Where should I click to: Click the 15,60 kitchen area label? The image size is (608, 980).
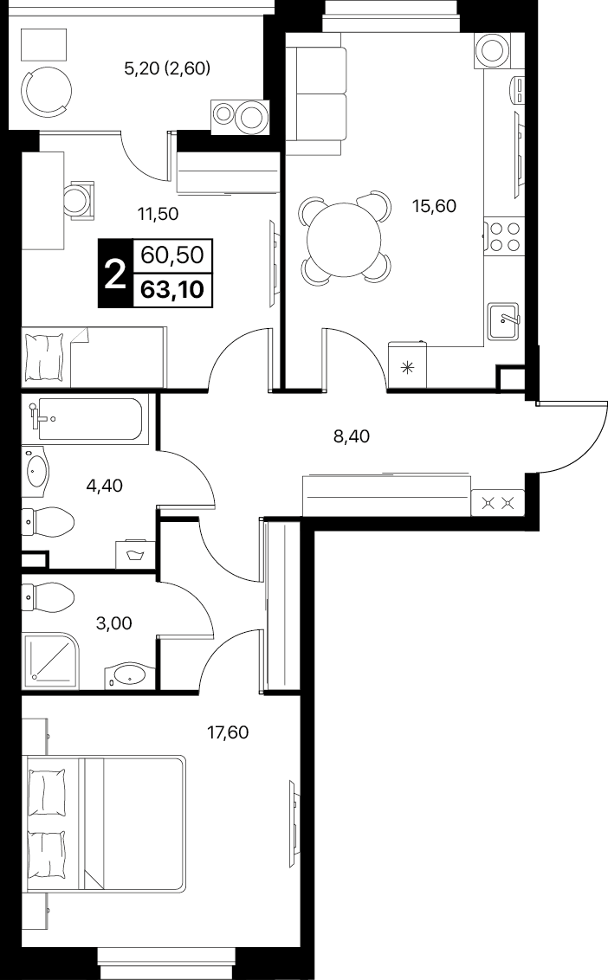coord(433,205)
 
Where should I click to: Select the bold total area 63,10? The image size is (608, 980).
coord(172,290)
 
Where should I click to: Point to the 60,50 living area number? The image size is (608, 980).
coord(172,255)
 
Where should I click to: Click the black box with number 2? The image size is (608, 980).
coord(115,274)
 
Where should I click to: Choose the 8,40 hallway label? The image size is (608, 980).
coord(352,436)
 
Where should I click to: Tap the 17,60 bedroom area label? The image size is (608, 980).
coord(228,732)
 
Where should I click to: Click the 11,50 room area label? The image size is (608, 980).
coord(158,215)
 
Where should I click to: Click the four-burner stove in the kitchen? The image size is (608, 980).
coord(503,237)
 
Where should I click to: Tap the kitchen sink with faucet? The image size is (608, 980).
coord(504,321)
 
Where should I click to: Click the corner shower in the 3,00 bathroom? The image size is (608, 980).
coord(50,660)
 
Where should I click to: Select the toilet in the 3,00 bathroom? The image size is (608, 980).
coord(49,598)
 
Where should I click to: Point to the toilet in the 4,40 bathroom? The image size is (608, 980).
coord(49,520)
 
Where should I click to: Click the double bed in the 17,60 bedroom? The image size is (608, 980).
coord(104,824)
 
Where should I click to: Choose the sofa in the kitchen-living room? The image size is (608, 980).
coord(316,93)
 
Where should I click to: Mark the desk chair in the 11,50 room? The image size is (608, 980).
coord(80,199)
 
